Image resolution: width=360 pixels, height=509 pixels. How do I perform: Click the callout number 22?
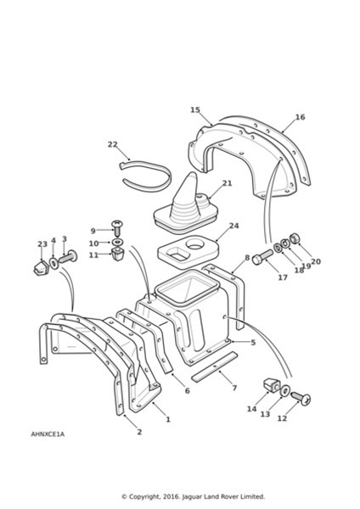pos(112,144)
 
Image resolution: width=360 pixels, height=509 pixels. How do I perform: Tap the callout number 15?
pos(195,110)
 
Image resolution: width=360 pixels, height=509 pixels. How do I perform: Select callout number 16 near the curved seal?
pos(301,117)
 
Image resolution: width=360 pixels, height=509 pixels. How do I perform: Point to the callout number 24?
pos(233,226)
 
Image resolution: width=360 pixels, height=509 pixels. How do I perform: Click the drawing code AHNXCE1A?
pos(48,434)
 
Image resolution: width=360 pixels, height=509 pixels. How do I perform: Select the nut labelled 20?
pos(295,238)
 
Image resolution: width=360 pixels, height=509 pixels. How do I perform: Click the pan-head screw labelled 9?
pos(117,228)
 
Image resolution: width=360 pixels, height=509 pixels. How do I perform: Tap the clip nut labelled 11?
pos(118,255)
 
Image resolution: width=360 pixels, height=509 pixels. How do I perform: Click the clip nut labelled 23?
pos(41,267)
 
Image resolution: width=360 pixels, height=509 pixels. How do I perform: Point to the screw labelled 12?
pos(301,399)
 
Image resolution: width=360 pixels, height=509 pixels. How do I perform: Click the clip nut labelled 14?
pos(272,385)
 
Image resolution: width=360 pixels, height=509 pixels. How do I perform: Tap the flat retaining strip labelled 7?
pos(215,366)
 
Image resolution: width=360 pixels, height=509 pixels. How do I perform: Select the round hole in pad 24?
pos(194,244)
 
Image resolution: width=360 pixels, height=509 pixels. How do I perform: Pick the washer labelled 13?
pos(285,390)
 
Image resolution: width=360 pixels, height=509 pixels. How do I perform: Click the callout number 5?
pos(253,342)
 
